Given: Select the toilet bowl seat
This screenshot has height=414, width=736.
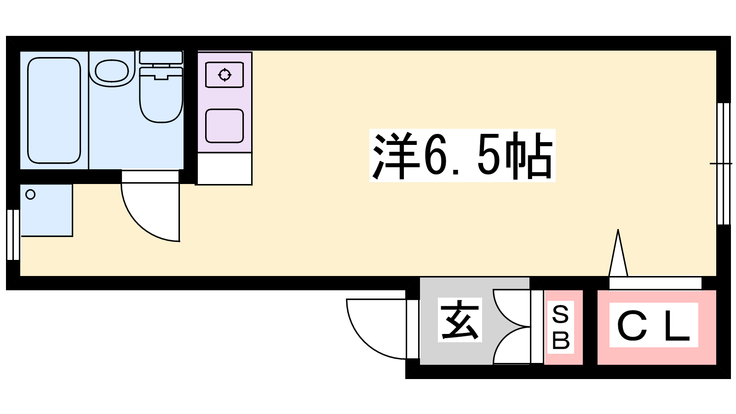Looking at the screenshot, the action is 161,95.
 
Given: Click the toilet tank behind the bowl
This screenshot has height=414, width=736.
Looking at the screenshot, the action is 161,57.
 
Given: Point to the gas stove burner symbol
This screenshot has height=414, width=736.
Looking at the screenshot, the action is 225,75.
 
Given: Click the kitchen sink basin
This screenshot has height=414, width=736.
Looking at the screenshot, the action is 224,126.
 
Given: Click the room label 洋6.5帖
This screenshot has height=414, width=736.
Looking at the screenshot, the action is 462,156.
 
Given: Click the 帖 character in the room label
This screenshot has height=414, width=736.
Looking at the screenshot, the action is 529,156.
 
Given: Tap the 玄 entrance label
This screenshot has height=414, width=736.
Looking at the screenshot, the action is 460,320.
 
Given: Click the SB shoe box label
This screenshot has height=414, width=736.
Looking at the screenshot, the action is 561,327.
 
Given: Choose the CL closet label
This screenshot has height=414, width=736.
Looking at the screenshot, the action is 653,325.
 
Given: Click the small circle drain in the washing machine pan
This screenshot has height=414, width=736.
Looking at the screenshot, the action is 30,195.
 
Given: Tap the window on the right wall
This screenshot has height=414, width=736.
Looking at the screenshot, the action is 724,164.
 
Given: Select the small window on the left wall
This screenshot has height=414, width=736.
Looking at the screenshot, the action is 13,235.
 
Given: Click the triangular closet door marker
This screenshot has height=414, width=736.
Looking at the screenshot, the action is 618,253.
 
